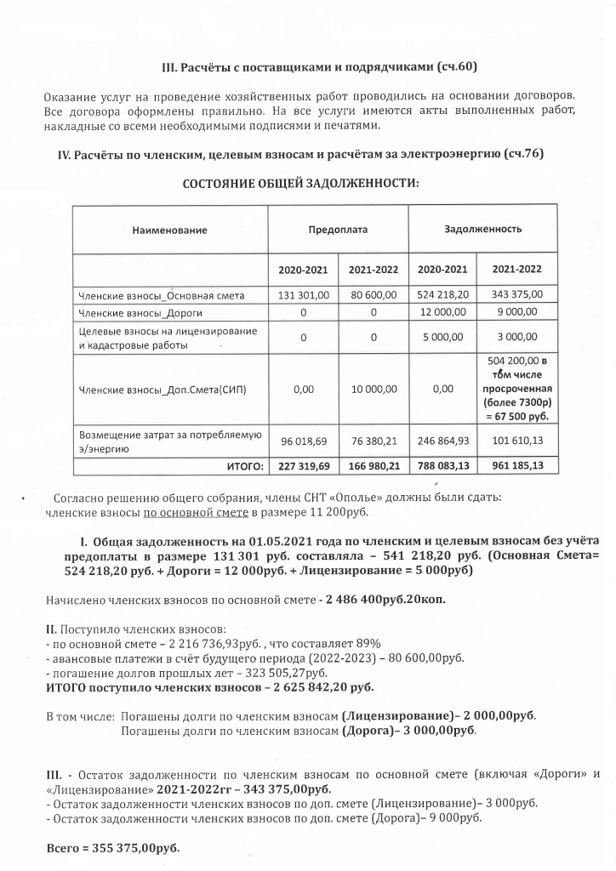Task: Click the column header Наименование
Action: pyautogui.click(x=169, y=230)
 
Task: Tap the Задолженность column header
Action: pyautogui.click(x=483, y=230)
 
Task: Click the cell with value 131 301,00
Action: pyautogui.click(x=303, y=295)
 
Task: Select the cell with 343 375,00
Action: pyautogui.click(x=517, y=295)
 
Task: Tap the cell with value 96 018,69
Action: pyautogui.click(x=303, y=442)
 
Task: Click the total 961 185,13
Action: pyautogui.click(x=517, y=466)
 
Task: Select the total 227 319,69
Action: pyautogui.click(x=303, y=466)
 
